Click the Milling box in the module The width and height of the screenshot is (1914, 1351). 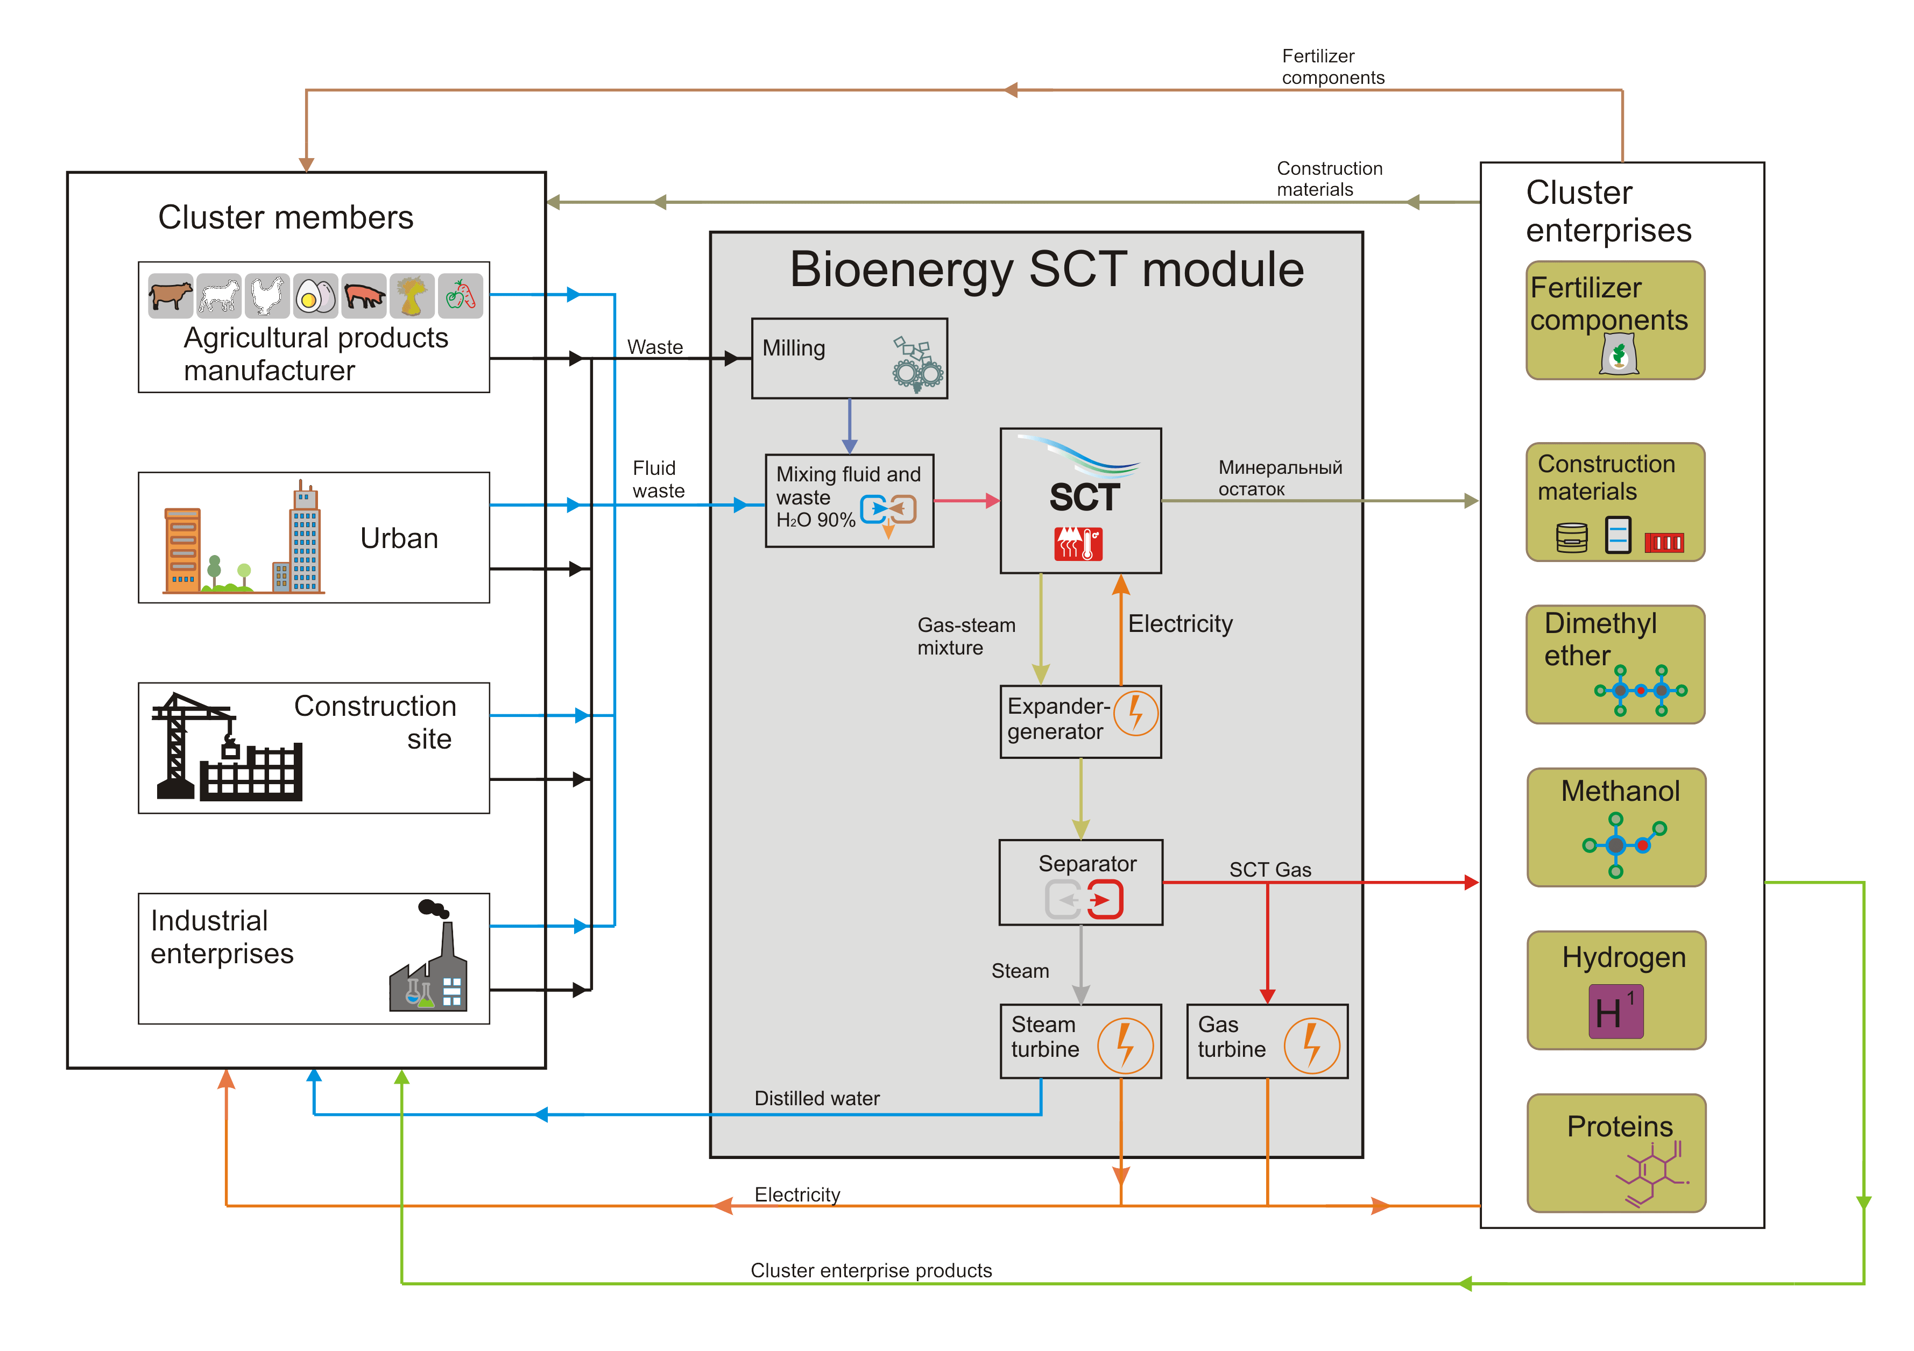849,358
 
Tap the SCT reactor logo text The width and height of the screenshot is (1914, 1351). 1084,497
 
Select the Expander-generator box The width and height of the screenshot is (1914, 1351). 1080,721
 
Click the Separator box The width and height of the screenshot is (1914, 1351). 1080,882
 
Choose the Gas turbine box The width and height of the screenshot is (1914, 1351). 1266,1041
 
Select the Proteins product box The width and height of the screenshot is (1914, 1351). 1615,1153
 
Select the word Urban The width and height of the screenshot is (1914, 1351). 399,538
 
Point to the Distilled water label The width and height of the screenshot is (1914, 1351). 816,1098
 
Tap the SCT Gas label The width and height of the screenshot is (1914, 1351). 1269,869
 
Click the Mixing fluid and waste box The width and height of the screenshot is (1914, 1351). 849,500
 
